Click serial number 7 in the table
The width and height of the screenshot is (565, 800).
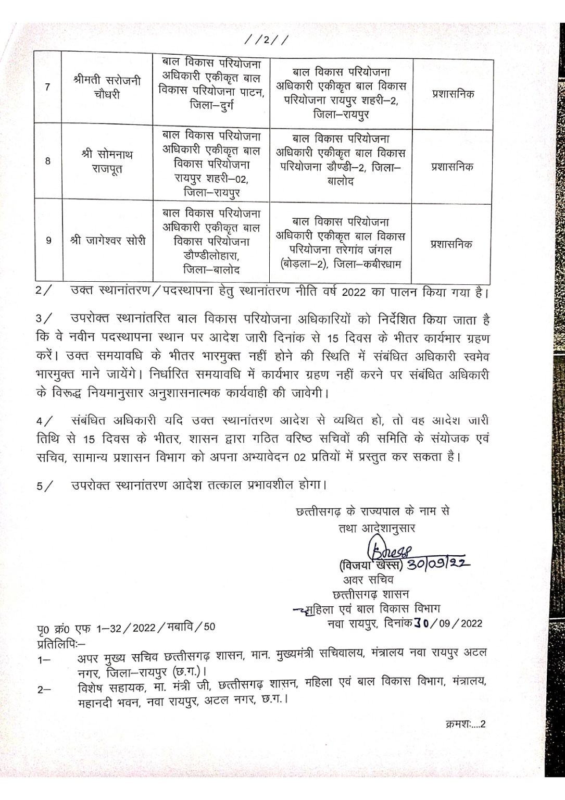(x=48, y=87)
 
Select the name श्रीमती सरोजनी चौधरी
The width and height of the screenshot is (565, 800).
(x=107, y=87)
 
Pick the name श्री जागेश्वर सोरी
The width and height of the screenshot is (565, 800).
(x=108, y=241)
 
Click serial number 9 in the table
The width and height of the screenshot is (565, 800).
(x=48, y=241)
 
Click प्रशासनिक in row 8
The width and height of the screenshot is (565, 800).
(x=453, y=167)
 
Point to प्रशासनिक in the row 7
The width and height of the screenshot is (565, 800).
(x=453, y=95)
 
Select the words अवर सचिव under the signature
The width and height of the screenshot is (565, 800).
(x=368, y=580)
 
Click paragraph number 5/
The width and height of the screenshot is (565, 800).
(x=44, y=486)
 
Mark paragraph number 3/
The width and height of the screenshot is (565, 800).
(x=44, y=319)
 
